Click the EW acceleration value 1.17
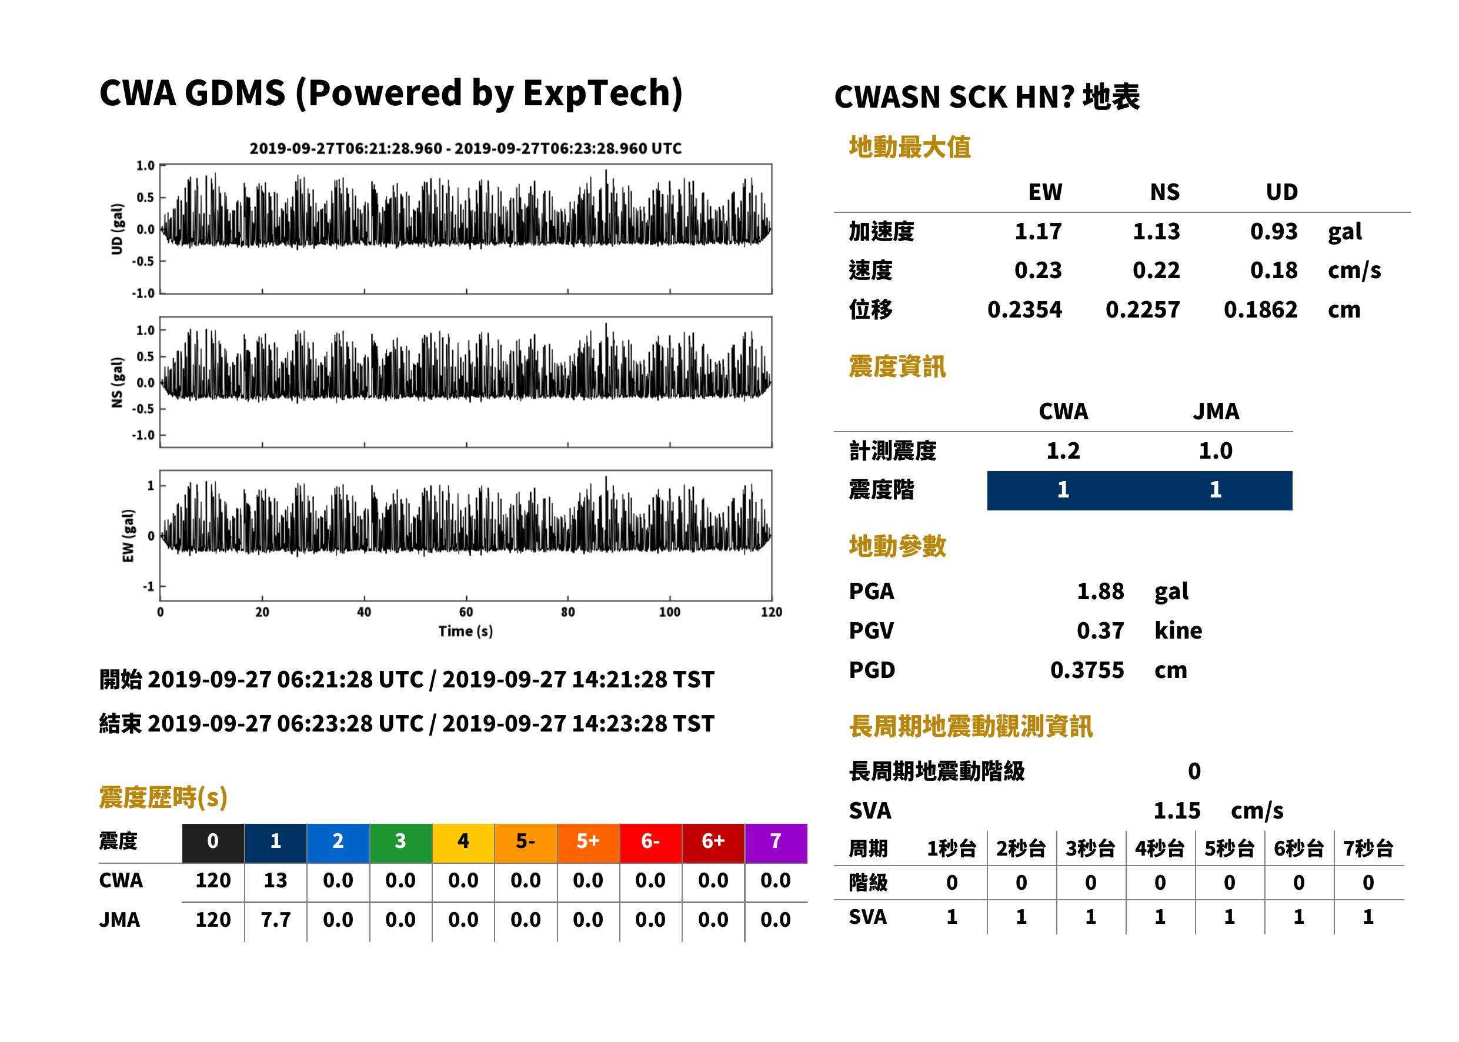(x=1038, y=231)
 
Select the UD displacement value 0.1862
(x=1261, y=310)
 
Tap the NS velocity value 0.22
(x=1156, y=270)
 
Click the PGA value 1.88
(x=1100, y=591)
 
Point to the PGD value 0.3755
(x=1087, y=670)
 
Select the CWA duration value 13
(x=275, y=880)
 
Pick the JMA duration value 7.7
(x=275, y=920)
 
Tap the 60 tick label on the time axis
(x=466, y=612)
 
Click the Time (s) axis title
(x=466, y=632)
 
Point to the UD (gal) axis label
(x=117, y=229)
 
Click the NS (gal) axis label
(x=117, y=382)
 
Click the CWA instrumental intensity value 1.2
(x=1063, y=450)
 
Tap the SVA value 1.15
(x=1177, y=810)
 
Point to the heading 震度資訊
(x=897, y=366)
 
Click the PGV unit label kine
(x=1178, y=631)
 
